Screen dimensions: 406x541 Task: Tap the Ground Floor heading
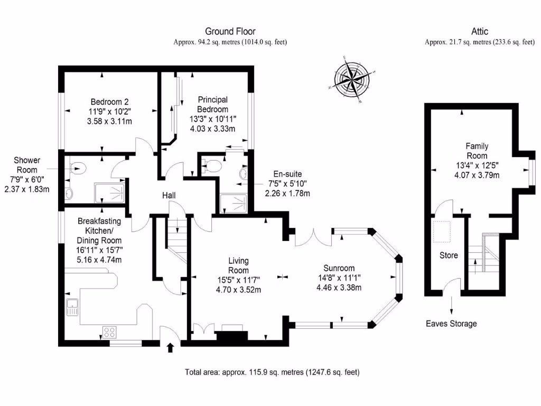230,32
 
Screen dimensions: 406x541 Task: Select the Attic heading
480,32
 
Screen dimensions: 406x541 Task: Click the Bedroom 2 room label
109,101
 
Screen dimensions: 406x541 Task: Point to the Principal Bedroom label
213,104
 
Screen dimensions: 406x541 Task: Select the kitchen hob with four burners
109,333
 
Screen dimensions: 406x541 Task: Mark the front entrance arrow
170,348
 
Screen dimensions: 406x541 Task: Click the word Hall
169,196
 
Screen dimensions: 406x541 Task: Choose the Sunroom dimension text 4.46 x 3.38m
339,288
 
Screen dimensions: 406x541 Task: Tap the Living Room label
238,265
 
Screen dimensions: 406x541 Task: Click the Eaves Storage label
451,324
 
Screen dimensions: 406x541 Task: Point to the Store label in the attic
449,255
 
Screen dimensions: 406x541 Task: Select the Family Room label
477,151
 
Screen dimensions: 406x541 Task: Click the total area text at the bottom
272,372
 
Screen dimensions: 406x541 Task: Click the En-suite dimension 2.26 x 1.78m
287,193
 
